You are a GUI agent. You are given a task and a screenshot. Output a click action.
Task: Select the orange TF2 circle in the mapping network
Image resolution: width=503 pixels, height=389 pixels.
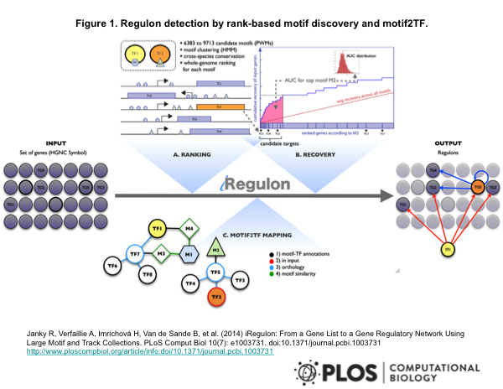coord(216,296)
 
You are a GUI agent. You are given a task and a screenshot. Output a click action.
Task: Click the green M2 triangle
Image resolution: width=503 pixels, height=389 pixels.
coord(215,249)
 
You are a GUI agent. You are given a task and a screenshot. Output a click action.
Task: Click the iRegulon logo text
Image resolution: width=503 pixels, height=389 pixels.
coord(251,183)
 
